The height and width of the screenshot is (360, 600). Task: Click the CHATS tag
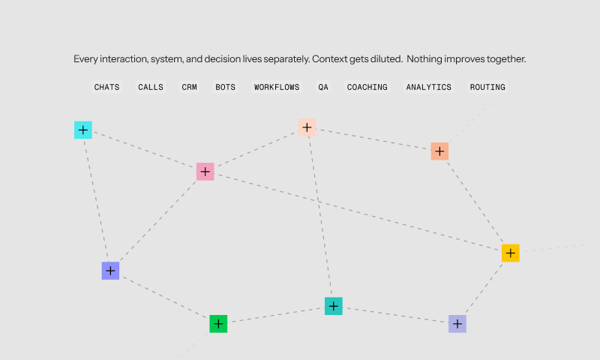pos(106,87)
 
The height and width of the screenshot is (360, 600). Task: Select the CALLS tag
pos(150,87)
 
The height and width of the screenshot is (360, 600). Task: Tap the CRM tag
pos(189,87)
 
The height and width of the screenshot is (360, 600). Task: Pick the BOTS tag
pos(225,87)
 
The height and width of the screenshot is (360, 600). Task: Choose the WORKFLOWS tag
pos(277,87)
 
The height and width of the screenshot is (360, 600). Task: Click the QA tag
pos(323,87)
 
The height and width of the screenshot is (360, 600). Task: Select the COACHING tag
pos(367,87)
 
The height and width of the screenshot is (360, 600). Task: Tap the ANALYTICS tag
pos(429,87)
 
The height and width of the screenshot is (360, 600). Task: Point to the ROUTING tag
pos(487,87)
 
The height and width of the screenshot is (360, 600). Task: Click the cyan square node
pos(83,130)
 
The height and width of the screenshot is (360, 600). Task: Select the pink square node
pos(205,172)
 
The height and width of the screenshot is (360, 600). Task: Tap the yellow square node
pos(511,253)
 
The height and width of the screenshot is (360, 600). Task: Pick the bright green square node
pos(218,324)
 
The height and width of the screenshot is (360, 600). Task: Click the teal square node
pos(334,306)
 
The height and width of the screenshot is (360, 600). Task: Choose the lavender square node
pos(457,324)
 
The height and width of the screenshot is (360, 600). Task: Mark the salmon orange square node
pos(440,151)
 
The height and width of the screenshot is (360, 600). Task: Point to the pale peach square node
pos(307,127)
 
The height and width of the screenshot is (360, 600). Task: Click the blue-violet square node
pos(110,271)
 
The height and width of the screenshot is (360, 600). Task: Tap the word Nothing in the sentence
pos(426,58)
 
